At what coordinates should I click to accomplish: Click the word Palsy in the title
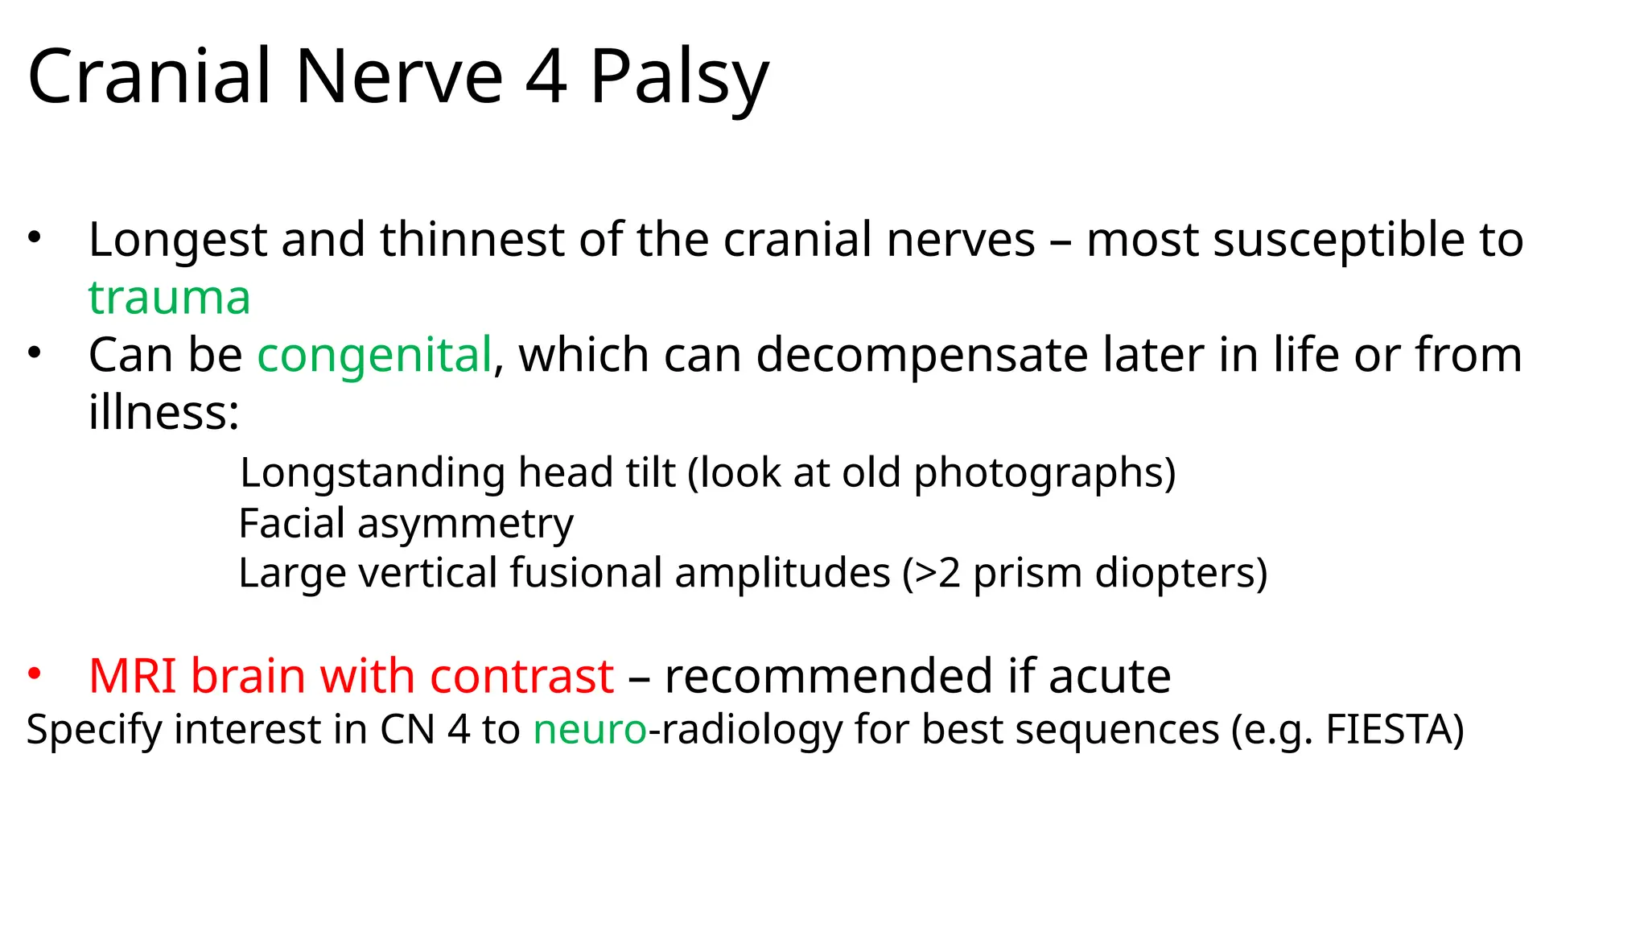click(x=679, y=78)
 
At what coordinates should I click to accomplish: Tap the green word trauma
click(x=170, y=297)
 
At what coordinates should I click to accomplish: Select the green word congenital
click(x=374, y=355)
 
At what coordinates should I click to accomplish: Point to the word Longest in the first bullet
click(x=178, y=240)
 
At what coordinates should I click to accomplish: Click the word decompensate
click(x=922, y=355)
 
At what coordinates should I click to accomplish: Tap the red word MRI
click(x=132, y=675)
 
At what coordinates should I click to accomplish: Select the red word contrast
click(x=521, y=675)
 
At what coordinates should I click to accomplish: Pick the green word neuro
click(x=590, y=729)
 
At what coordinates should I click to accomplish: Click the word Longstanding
click(x=372, y=472)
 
